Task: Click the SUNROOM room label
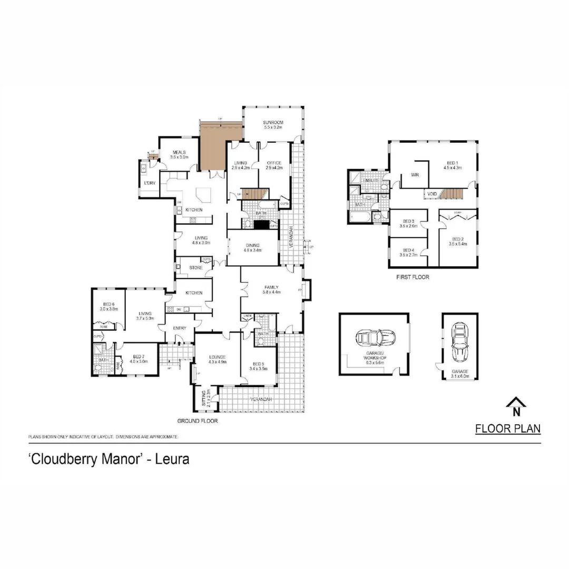click(273, 123)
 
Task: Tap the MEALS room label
click(179, 152)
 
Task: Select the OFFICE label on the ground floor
click(274, 163)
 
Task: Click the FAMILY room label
click(272, 287)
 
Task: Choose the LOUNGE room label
click(217, 357)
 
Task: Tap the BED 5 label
click(259, 365)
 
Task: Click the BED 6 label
click(109, 305)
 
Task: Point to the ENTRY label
click(180, 328)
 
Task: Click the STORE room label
click(195, 268)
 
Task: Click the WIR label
click(415, 175)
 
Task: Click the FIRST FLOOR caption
click(413, 277)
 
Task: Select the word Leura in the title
click(174, 459)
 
